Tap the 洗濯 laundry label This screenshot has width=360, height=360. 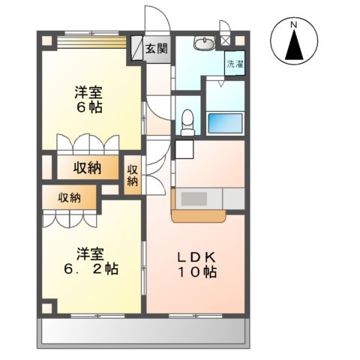pos(235,64)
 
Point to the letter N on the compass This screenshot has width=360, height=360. pos(295,25)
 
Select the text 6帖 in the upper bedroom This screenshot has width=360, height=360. pos(88,107)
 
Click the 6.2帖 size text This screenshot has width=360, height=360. pos(89,267)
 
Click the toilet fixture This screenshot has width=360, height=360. pos(187,120)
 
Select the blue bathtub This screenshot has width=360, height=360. pos(226,121)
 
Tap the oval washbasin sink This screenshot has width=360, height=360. pos(203,45)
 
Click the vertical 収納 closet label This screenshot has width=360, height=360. pos(133,175)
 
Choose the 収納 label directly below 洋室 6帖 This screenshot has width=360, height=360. pos(88,168)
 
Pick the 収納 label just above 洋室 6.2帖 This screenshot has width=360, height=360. pos(69,197)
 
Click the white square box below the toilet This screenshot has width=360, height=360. pos(184,148)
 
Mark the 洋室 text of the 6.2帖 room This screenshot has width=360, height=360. pos(88,252)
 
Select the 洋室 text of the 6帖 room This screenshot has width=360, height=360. pos(88,92)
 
